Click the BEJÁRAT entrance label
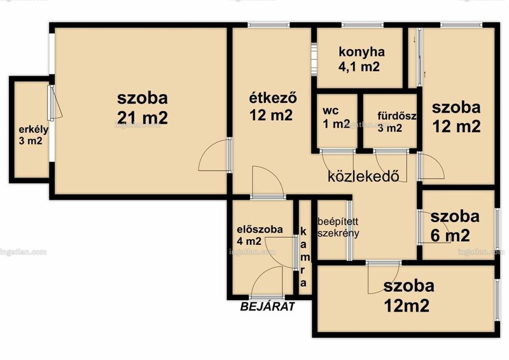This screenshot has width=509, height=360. (x=268, y=307)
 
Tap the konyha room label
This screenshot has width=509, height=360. (x=361, y=52)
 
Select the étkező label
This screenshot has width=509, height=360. (x=273, y=98)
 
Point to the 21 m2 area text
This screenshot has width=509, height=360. (x=143, y=117)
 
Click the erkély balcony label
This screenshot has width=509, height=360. (x=34, y=130)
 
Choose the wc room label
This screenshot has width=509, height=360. (x=331, y=111)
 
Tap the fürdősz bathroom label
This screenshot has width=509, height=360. (x=396, y=116)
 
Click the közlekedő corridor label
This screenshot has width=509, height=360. (x=363, y=176)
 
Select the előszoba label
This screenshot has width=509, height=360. (x=260, y=230)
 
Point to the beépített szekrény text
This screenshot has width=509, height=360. (x=338, y=227)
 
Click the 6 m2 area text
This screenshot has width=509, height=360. (x=450, y=235)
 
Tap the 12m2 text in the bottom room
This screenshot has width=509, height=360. (x=407, y=305)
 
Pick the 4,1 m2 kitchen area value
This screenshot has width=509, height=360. (x=359, y=67)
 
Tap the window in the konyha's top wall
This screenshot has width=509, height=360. (x=362, y=25)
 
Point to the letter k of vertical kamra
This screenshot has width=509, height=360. (x=303, y=232)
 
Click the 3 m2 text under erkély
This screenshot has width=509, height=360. (x=31, y=142)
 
